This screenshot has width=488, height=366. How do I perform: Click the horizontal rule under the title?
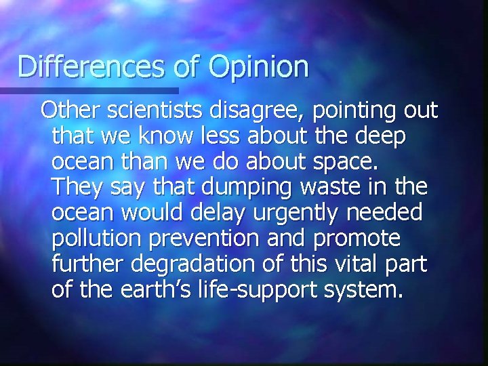pyautogui.click(x=89, y=89)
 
